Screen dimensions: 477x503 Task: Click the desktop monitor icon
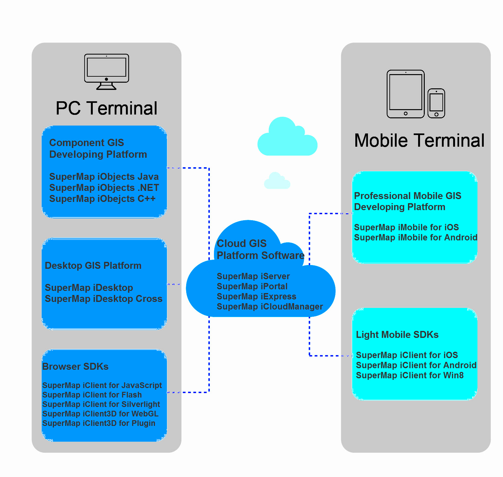pos(107,72)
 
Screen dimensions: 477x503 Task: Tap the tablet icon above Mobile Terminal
pos(405,94)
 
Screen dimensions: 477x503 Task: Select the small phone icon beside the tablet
pos(436,103)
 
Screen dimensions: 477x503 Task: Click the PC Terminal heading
pos(106,108)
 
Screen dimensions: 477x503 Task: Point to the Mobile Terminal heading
pos(419,140)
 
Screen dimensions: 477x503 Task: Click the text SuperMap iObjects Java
pos(104,177)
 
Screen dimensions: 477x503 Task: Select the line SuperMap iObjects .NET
pos(104,188)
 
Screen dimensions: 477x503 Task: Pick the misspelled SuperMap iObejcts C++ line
pos(102,199)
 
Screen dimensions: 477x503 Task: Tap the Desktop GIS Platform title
pos(93,266)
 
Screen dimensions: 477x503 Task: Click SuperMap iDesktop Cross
pos(104,299)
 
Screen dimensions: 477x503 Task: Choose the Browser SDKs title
pos(75,367)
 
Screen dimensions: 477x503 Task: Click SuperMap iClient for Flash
pos(92,395)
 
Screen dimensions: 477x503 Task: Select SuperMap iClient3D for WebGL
pos(100,414)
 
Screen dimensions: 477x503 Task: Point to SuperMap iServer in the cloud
pos(253,276)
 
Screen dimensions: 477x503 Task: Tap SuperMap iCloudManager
pos(270,307)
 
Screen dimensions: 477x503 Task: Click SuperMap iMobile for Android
pos(416,238)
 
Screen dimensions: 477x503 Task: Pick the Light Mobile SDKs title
pos(397,335)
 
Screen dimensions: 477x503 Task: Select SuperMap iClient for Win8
pos(410,375)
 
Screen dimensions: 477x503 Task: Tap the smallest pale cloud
pos(277,181)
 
